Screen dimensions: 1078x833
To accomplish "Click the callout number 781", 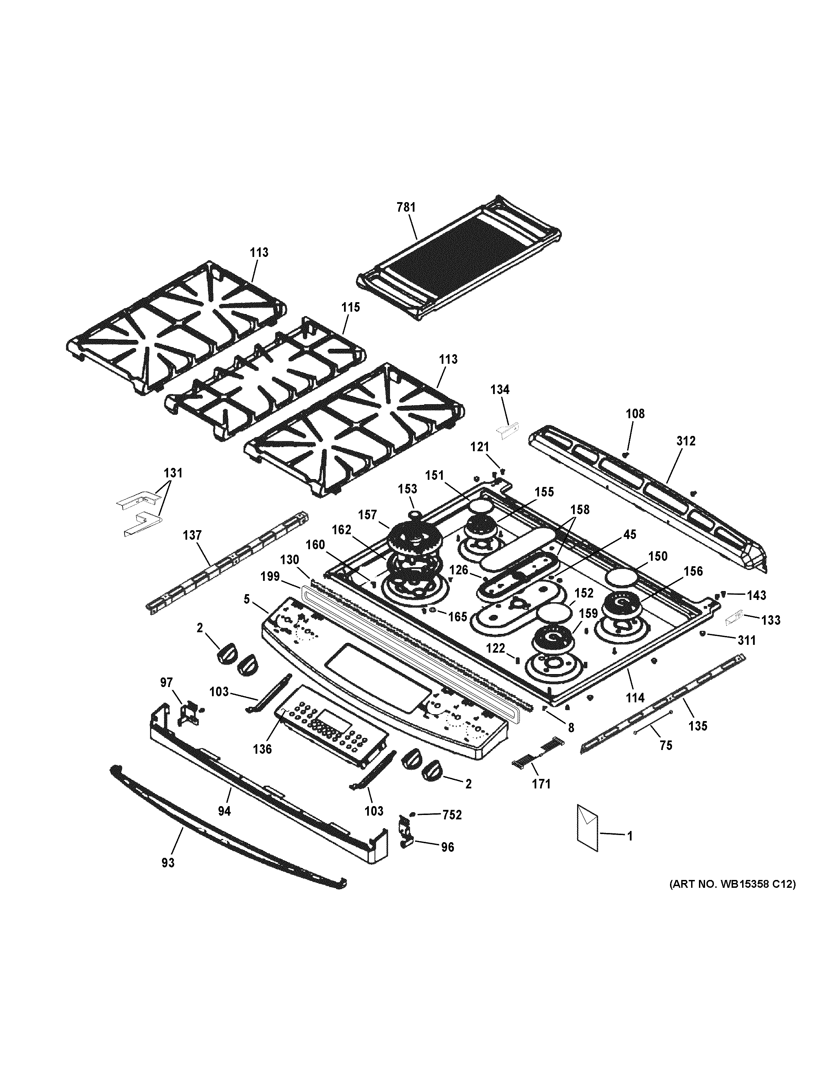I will [x=406, y=207].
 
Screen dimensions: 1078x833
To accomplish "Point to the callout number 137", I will [x=192, y=535].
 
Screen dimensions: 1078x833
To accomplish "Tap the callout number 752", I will [x=452, y=815].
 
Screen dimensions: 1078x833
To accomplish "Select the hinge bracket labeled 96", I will [x=405, y=836].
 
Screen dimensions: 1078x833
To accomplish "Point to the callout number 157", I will [x=367, y=515].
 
